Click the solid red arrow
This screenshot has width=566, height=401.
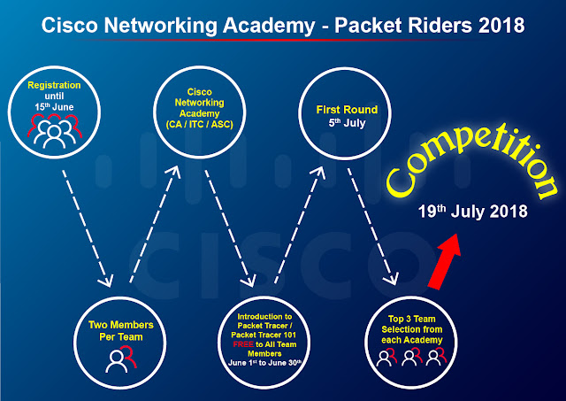click(x=445, y=261)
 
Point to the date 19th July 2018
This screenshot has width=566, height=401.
click(x=472, y=212)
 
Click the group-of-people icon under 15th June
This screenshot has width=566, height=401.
click(x=55, y=131)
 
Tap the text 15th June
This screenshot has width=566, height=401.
click(x=54, y=107)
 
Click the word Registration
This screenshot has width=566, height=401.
click(x=54, y=85)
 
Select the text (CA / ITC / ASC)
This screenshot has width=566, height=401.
click(x=199, y=125)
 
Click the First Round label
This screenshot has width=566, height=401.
click(x=347, y=110)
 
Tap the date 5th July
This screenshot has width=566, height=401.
click(x=347, y=123)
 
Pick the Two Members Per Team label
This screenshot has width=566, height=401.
click(x=121, y=330)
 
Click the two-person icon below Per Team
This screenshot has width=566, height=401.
click(x=121, y=359)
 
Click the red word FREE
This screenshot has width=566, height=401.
click(x=243, y=344)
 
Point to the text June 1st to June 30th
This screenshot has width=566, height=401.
click(x=264, y=363)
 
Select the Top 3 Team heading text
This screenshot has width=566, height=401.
click(x=412, y=319)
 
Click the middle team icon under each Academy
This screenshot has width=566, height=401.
click(x=412, y=357)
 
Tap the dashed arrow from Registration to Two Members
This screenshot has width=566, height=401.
click(x=88, y=228)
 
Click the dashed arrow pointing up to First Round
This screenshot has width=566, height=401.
click(x=300, y=224)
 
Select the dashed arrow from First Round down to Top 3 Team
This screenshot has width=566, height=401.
click(x=373, y=227)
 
